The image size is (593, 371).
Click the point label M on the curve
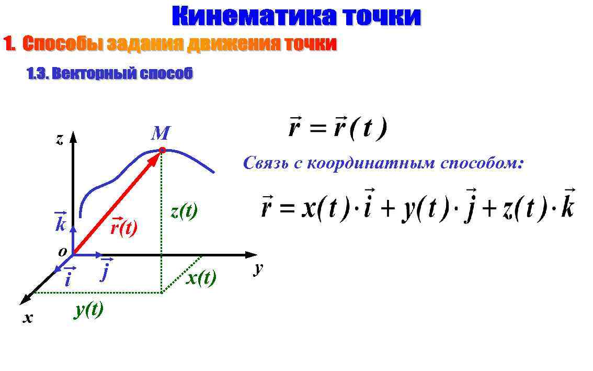160,134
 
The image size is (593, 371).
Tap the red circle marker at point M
162,150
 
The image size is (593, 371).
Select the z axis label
60,139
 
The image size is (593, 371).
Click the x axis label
28,317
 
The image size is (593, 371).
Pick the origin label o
62,252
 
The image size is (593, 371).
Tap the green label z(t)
184,211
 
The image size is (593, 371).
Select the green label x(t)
201,278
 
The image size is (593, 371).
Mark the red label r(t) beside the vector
123,228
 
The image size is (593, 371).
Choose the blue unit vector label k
60,223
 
